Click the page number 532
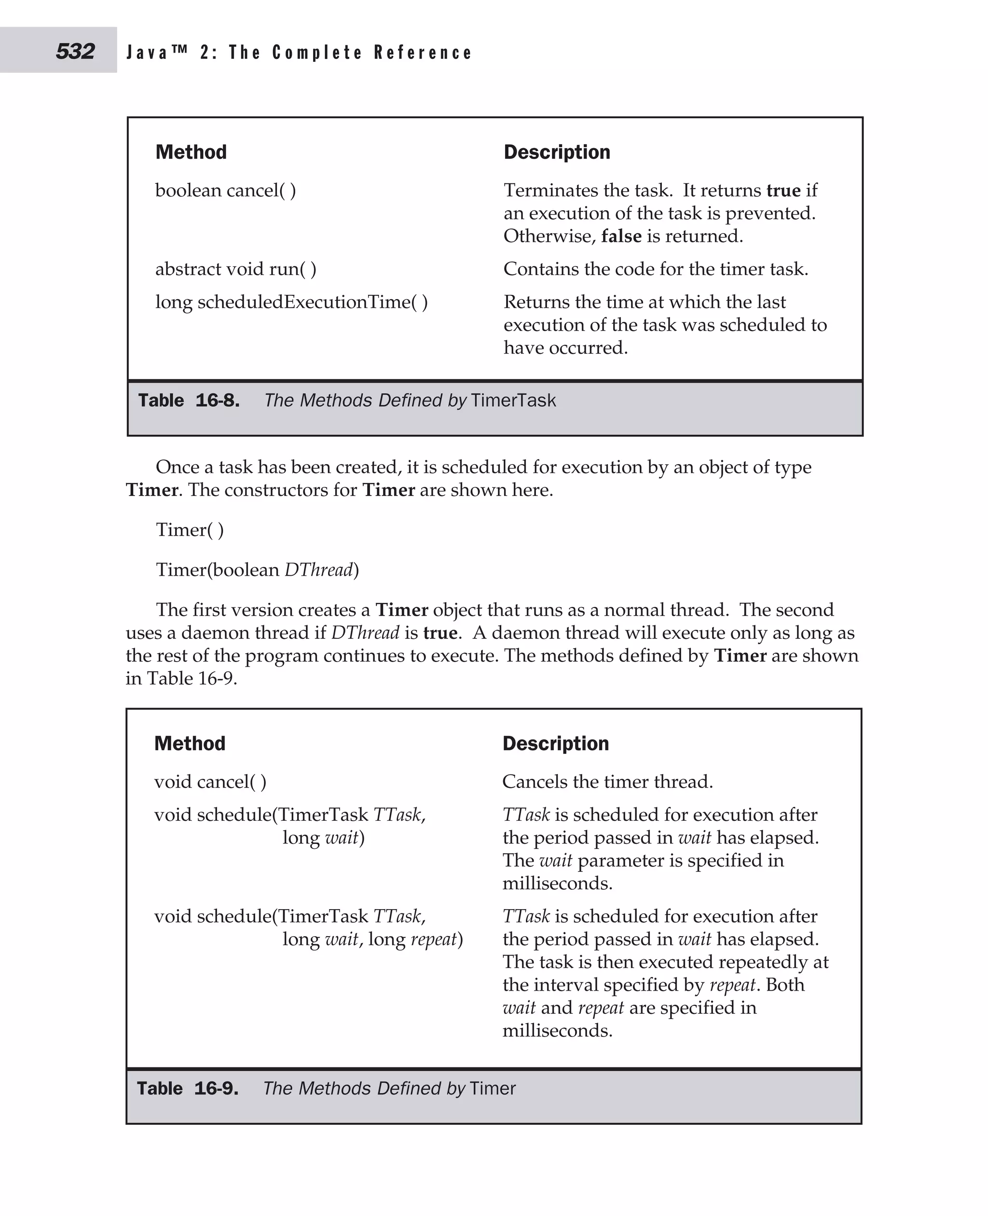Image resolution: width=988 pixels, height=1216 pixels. tap(75, 52)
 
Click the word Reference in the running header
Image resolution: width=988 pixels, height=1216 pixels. tap(423, 53)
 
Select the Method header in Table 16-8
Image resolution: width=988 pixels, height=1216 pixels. tap(191, 152)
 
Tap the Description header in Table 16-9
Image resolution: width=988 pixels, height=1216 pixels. tap(555, 744)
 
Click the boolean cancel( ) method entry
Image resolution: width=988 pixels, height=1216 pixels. tap(225, 190)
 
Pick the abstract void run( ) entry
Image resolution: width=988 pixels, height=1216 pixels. tap(235, 269)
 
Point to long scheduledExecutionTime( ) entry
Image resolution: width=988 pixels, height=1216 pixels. tap(291, 302)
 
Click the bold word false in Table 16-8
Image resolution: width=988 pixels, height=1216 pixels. tap(621, 235)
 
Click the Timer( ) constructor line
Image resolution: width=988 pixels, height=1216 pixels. tap(190, 530)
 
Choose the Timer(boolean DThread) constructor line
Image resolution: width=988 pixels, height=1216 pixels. tap(257, 570)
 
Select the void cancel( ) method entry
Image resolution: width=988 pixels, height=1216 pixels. tap(210, 782)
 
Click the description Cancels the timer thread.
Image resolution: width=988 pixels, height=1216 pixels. tap(607, 782)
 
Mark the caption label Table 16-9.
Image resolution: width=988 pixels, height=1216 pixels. tap(188, 1088)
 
